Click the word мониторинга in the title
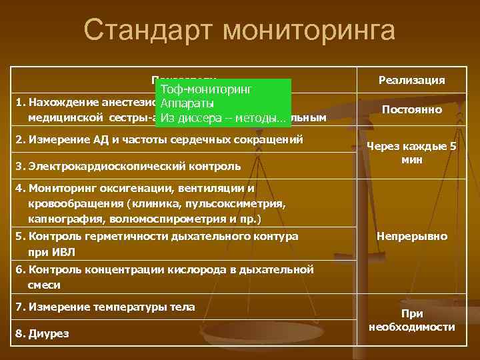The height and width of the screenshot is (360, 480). pyautogui.click(x=310, y=31)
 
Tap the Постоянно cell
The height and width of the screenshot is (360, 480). pyautogui.click(x=411, y=109)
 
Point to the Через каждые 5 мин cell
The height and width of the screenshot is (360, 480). pyautogui.click(x=411, y=154)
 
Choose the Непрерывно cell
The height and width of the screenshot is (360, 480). pyautogui.click(x=411, y=236)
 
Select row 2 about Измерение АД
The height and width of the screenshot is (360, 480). pyautogui.click(x=160, y=139)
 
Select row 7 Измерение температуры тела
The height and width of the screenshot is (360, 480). pyautogui.click(x=106, y=307)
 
